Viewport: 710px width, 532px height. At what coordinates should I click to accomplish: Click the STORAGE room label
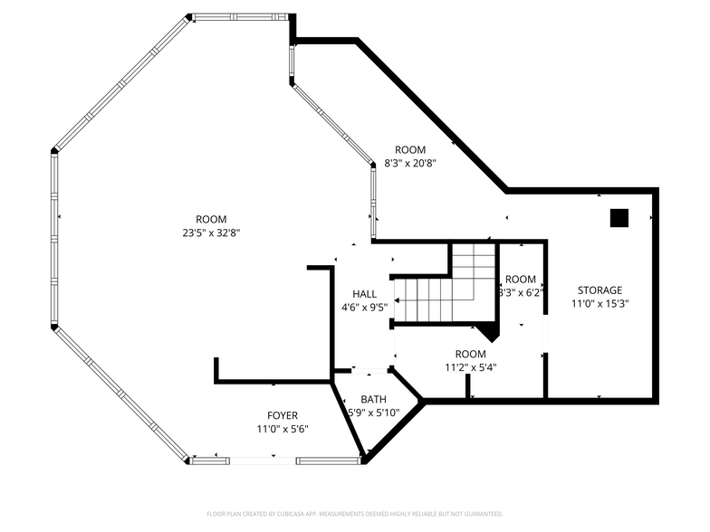(600, 290)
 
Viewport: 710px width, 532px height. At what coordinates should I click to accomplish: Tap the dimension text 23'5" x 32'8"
(211, 233)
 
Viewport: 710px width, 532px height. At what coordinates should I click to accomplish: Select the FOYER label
(282, 415)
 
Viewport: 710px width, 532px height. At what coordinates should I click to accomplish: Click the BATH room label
(373, 399)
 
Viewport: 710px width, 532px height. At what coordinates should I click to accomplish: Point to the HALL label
(365, 294)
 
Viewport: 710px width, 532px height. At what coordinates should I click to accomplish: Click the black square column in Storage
(619, 217)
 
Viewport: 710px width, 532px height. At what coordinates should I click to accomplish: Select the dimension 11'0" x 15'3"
(600, 304)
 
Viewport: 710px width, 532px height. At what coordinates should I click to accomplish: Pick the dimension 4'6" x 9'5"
(365, 308)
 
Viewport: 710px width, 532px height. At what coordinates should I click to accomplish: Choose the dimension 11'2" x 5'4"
(471, 367)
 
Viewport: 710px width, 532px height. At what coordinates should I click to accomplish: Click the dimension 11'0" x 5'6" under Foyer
(282, 429)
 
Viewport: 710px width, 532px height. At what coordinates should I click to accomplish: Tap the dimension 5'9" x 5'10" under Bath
(374, 413)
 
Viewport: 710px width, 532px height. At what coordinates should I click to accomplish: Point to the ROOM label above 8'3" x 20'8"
(409, 149)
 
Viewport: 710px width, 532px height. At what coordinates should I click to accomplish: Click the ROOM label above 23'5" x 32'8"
(211, 219)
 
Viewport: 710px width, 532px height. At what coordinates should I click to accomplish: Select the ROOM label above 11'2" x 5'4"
(471, 354)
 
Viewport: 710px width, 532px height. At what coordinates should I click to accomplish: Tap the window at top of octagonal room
(239, 16)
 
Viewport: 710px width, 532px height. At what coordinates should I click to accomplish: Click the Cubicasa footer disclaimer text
(354, 514)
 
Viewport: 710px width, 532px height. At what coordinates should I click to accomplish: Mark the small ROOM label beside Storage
(520, 280)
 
